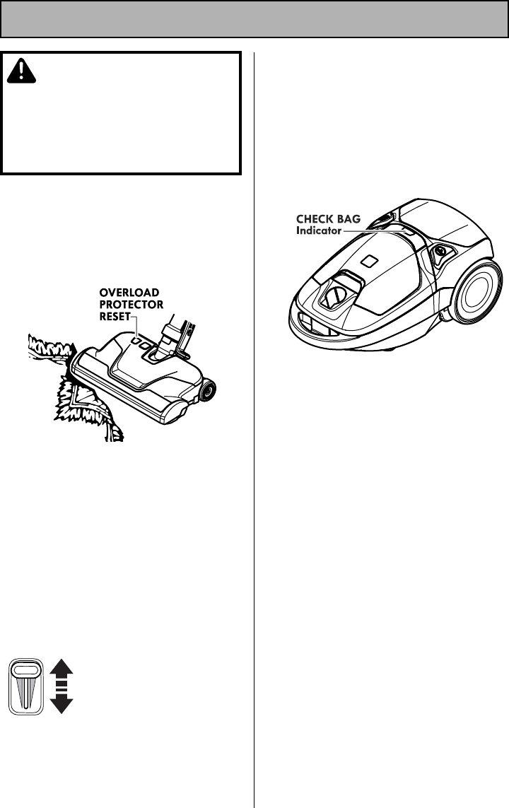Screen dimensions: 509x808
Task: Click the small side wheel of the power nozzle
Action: [x=208, y=390]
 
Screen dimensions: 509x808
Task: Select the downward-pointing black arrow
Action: [x=62, y=703]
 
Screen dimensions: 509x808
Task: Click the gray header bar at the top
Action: [x=255, y=19]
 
